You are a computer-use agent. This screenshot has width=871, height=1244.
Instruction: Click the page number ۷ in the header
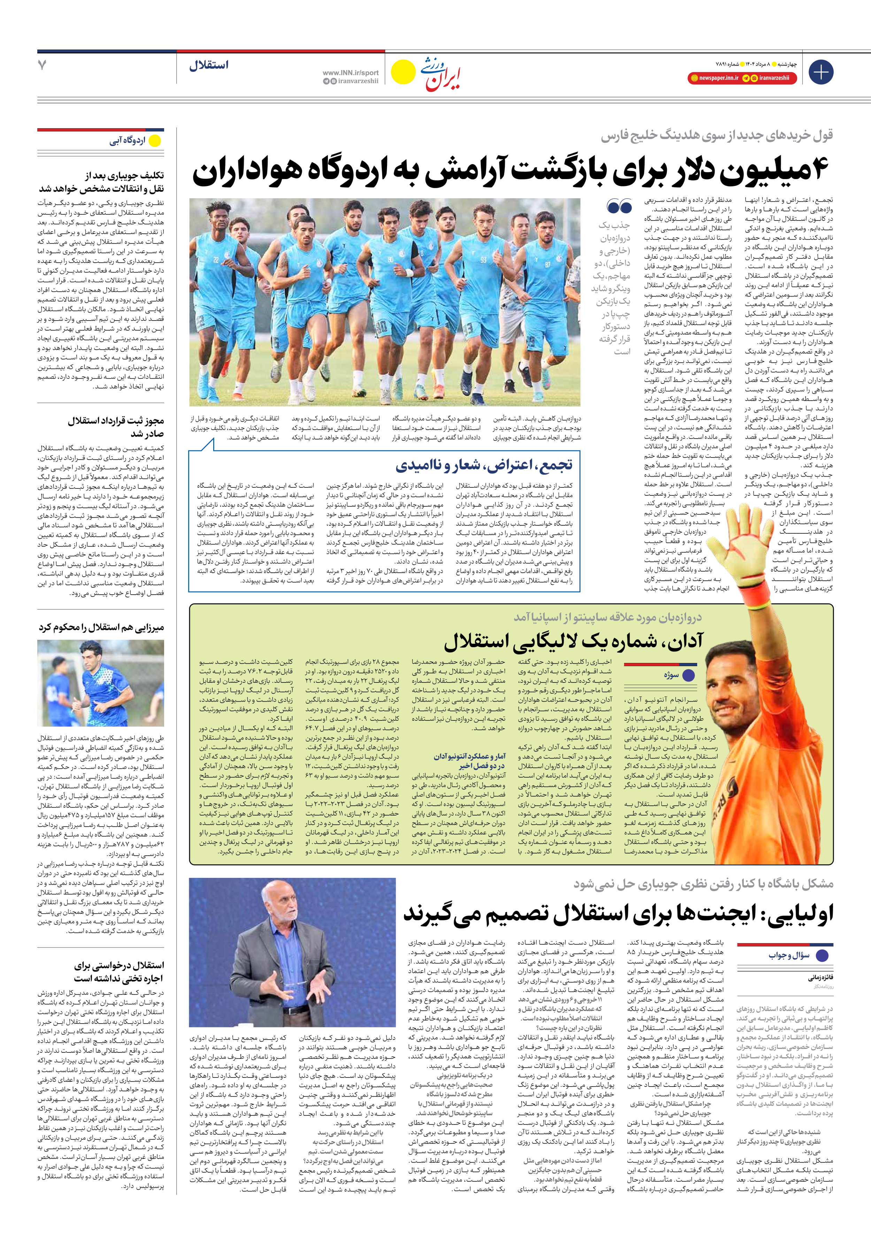42,65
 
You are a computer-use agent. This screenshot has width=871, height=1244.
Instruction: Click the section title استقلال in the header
209,65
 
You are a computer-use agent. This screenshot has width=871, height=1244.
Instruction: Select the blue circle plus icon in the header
820,72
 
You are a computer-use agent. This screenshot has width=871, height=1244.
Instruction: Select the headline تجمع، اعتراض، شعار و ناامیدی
484,465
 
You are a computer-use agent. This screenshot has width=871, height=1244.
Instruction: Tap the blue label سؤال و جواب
789,955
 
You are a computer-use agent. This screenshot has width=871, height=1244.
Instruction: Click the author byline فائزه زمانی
820,978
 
